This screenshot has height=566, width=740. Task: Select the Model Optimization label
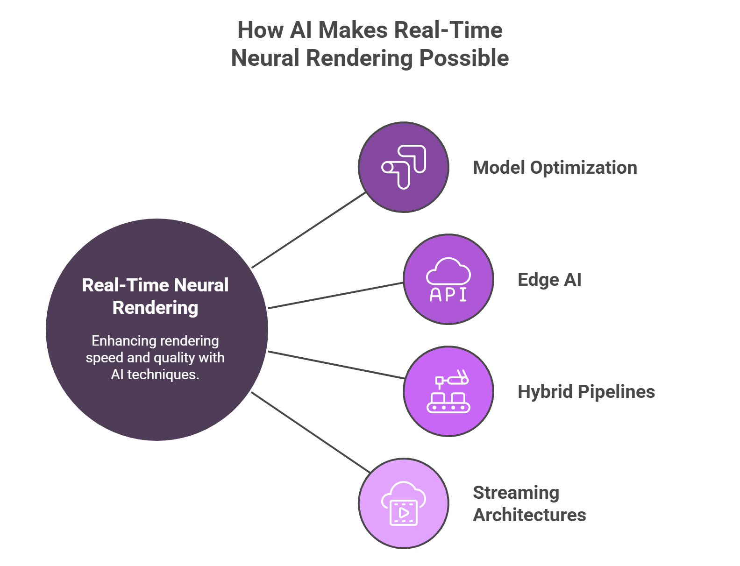[x=555, y=168]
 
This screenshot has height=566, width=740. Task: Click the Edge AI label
[x=549, y=280]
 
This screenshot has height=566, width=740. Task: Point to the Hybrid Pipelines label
[x=586, y=392]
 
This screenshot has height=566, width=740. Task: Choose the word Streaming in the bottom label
[x=516, y=493]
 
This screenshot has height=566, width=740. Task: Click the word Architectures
[x=529, y=515]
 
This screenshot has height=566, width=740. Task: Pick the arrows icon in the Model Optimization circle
[x=404, y=167]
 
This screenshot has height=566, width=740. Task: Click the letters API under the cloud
[x=448, y=295]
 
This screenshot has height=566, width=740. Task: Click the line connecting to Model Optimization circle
[x=308, y=230]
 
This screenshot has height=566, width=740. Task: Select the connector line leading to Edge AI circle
[x=335, y=296]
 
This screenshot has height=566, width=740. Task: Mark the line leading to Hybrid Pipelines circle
[x=335, y=365]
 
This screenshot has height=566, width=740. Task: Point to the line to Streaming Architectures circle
[x=311, y=432]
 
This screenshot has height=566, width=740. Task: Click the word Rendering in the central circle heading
[x=155, y=308]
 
